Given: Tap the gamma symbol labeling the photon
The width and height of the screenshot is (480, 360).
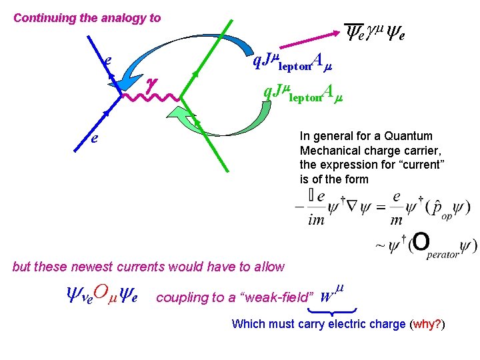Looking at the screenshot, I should click(151, 83).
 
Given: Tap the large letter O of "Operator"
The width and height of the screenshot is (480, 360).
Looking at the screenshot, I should click(421, 243).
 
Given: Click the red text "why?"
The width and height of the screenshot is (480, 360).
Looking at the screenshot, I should click(427, 325).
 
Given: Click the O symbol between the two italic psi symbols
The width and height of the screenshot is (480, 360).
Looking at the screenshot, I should click(100, 291).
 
